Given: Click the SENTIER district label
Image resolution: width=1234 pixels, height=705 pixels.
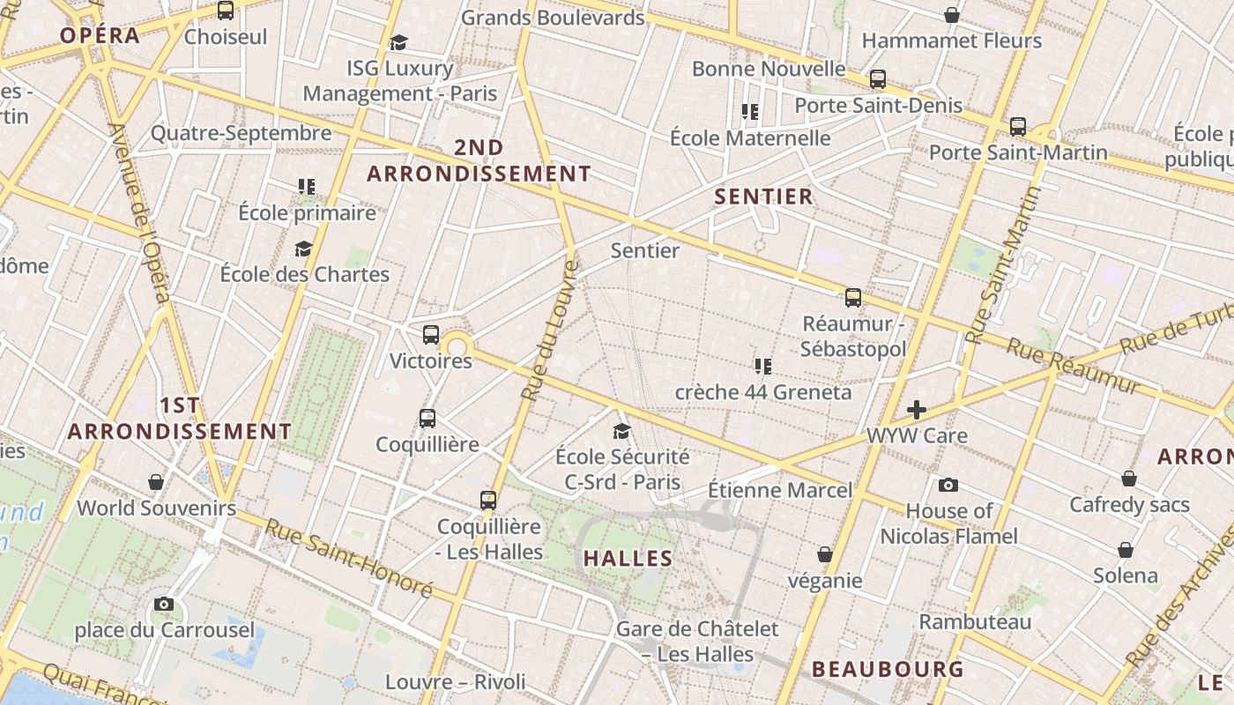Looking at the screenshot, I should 763,197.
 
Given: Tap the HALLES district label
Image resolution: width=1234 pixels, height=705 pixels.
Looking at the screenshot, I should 628,558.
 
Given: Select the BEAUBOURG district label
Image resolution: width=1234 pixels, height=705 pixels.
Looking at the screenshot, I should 888,669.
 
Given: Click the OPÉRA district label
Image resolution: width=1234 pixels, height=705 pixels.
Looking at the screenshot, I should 100,35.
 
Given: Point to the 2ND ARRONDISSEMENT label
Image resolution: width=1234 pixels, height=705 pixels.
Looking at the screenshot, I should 479,160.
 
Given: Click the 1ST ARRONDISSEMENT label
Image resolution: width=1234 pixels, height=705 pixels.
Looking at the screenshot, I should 180,419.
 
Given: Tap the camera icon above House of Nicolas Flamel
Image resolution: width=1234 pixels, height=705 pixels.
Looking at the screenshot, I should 948,485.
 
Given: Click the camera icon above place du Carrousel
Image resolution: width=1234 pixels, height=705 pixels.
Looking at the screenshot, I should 164,604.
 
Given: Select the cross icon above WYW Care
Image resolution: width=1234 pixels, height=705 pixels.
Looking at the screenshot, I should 917,410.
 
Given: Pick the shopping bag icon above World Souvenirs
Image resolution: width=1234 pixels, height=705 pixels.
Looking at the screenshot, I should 156,482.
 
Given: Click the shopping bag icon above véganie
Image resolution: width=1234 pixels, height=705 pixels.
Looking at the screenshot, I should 825,554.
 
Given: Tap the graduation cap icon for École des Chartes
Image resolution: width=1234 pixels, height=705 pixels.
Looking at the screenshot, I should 304,249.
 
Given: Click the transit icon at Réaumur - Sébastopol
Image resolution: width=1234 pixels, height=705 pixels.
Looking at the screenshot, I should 852,298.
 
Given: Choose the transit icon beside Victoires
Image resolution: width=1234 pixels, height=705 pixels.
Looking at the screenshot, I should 431,335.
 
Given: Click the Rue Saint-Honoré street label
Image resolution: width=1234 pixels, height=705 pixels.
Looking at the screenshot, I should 349,558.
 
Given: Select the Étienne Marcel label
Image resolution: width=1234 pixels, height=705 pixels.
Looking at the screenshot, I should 781,490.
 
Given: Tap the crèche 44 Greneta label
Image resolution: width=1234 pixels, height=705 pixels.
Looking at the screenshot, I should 763,392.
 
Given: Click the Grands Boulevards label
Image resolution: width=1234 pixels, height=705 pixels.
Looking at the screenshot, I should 553,17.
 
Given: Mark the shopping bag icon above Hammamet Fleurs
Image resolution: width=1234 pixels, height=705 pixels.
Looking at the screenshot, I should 952,15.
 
